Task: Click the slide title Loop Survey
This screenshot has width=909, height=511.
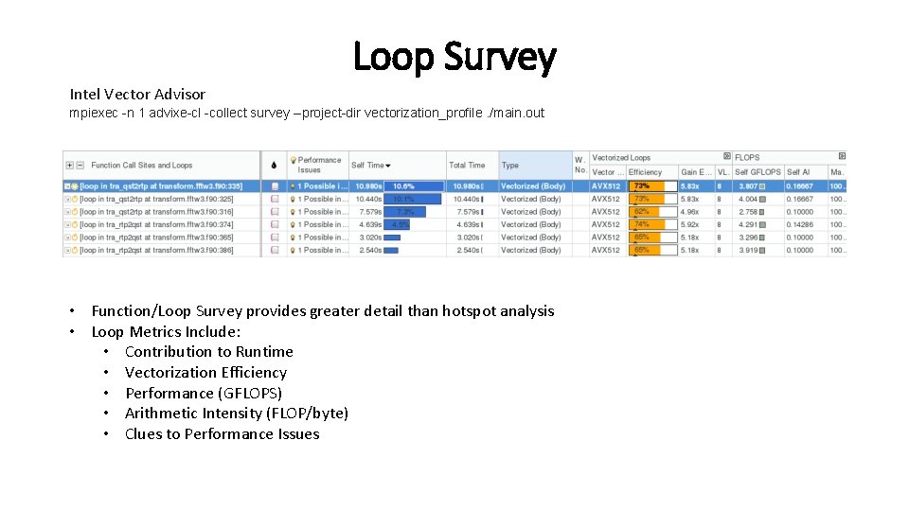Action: tap(454, 57)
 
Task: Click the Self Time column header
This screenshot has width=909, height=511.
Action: tap(370, 165)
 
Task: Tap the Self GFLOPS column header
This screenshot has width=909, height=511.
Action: tap(757, 172)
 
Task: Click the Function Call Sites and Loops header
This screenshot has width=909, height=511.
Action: tap(142, 165)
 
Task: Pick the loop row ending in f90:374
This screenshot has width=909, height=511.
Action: tap(156, 224)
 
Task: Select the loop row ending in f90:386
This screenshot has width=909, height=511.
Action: tap(156, 250)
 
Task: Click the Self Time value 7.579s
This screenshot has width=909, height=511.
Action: tap(370, 212)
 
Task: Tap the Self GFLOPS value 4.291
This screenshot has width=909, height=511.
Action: tap(748, 224)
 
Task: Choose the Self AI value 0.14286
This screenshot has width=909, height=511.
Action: tap(799, 224)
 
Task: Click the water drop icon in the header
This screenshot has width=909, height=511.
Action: tap(274, 165)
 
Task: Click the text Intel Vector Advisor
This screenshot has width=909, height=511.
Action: tap(137, 94)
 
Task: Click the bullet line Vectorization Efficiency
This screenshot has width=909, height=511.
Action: tap(205, 372)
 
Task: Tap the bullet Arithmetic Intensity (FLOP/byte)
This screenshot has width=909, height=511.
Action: tap(237, 413)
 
